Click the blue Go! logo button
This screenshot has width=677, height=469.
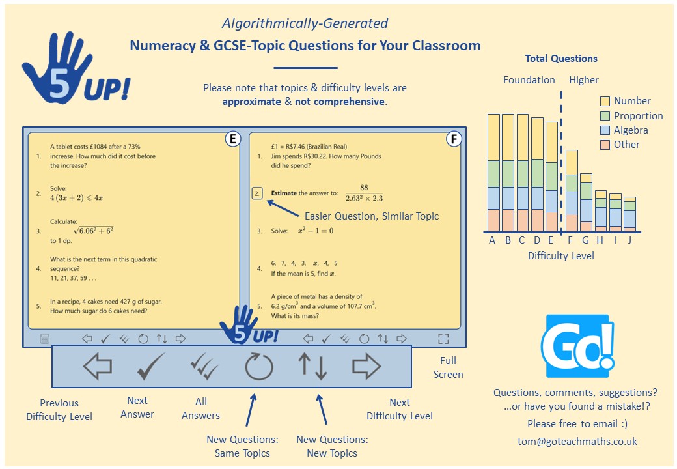click(x=577, y=346)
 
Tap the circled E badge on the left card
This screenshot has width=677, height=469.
click(x=232, y=139)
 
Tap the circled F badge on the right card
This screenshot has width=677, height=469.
click(x=454, y=139)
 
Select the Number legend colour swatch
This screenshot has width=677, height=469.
click(x=605, y=101)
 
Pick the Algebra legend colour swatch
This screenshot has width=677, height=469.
click(x=605, y=130)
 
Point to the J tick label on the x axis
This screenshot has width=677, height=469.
click(x=629, y=240)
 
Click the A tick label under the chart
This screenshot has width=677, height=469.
click(x=493, y=240)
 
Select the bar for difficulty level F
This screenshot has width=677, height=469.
click(x=572, y=190)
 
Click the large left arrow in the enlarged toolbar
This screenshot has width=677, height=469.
click(x=98, y=367)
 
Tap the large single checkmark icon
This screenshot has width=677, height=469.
click(x=151, y=367)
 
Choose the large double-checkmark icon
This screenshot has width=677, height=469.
click(x=204, y=367)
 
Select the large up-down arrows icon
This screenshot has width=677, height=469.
click(x=312, y=367)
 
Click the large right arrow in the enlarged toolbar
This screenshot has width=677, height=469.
click(x=366, y=367)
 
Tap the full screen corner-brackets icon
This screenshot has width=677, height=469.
click(x=443, y=339)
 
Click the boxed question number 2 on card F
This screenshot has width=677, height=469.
click(x=258, y=193)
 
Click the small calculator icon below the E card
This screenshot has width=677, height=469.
click(x=44, y=339)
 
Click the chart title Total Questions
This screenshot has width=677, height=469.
click(x=561, y=59)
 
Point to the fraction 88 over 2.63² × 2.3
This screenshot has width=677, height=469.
click(x=365, y=193)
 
